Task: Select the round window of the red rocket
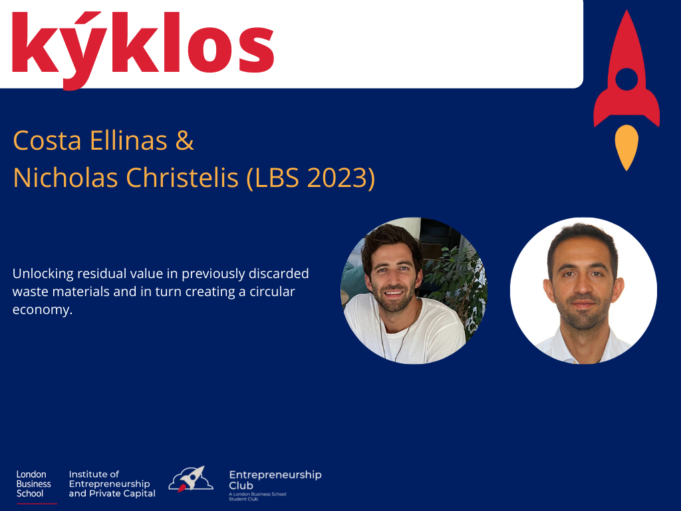pos(626,79)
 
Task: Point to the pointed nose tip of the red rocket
pos(626,11)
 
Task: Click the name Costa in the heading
pos(47,140)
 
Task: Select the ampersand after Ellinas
pos(185,140)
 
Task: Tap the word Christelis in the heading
pos(182,177)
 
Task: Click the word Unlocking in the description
pos(43,273)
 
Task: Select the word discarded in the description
pos(279,273)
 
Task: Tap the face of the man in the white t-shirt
pos(394,277)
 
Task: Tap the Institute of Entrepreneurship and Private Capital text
pos(112,484)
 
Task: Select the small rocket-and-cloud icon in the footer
pos(191,479)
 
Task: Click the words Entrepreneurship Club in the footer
pos(275,480)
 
